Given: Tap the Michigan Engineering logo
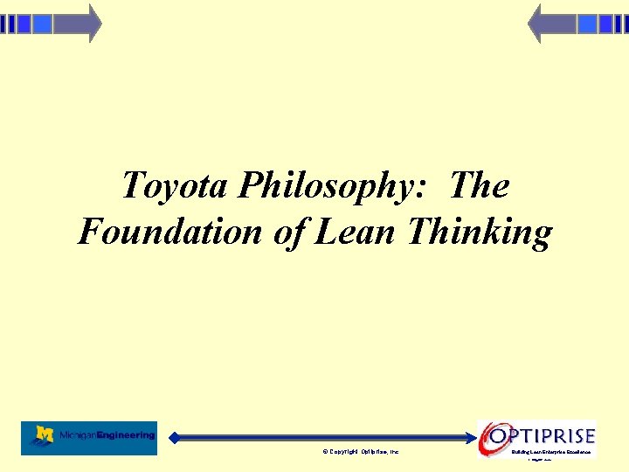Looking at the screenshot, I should [89, 437].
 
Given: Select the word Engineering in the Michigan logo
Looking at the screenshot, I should [127, 434].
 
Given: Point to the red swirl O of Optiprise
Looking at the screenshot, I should [494, 435].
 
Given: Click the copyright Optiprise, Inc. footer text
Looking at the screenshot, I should [360, 452].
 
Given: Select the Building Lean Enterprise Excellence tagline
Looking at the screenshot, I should [551, 452].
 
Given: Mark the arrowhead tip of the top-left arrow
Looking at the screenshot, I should [100, 24].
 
